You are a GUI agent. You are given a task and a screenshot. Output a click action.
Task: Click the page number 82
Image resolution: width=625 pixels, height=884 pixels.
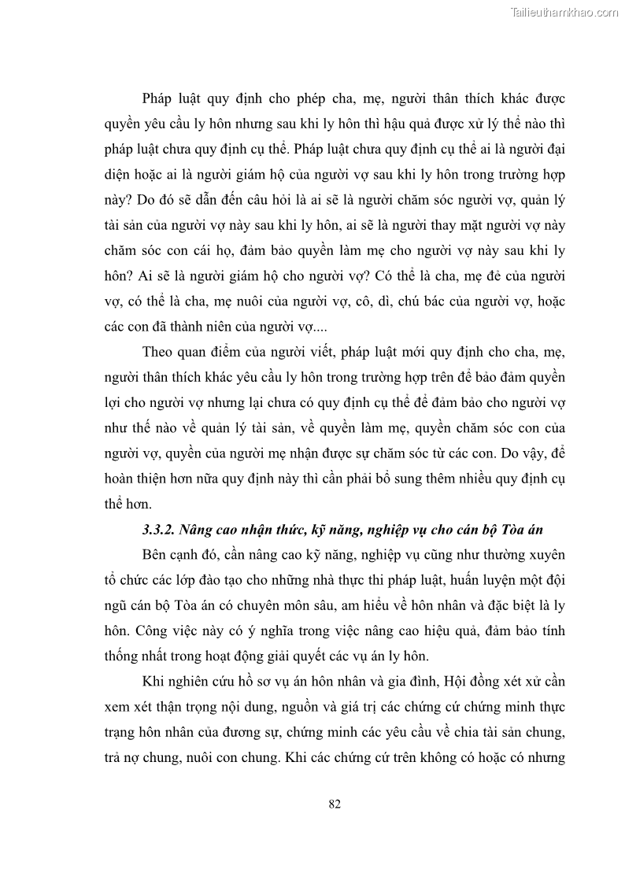pos(334,804)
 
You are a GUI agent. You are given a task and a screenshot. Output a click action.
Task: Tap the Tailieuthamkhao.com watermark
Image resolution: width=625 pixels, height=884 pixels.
pos(565,12)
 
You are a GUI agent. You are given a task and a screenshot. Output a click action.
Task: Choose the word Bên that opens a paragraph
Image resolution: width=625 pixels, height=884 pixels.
pos(156,555)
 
